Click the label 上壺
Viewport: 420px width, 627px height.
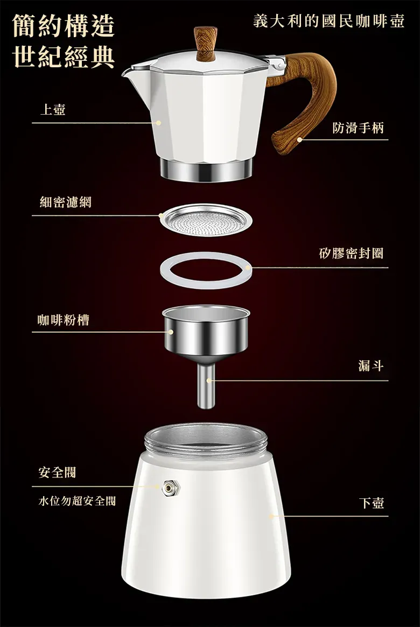[52, 110]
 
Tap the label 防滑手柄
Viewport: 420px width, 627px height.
[358, 128]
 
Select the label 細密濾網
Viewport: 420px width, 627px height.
[66, 202]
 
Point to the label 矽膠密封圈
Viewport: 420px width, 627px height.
[351, 253]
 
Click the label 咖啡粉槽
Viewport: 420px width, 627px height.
[63, 320]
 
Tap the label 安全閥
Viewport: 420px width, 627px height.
[57, 472]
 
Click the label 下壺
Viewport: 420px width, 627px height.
[371, 503]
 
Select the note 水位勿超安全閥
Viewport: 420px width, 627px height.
[77, 501]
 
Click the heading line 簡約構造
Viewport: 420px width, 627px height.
[64, 26]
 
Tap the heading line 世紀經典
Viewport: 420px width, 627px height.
[64, 57]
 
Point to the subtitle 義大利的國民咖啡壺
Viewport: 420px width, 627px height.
[329, 21]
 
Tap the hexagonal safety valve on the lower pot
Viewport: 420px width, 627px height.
[171, 488]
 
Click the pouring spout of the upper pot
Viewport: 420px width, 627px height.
[131, 72]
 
